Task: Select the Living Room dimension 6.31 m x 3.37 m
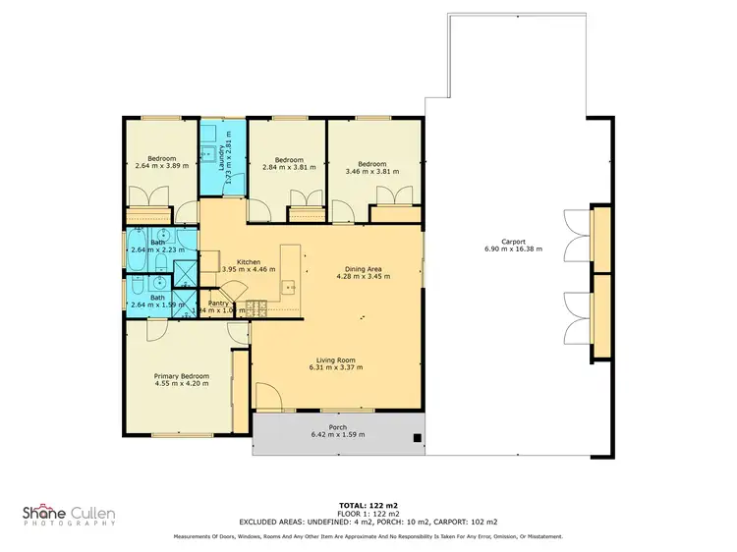337,368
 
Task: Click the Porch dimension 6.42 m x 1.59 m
337,434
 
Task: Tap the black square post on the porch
418,438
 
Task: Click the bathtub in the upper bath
136,249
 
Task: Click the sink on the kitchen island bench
290,287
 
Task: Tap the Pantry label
218,304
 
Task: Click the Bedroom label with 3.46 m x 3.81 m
371,164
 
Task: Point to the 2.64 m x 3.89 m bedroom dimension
162,166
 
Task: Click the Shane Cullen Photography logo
69,515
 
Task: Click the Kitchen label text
248,261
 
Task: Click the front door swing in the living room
267,398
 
